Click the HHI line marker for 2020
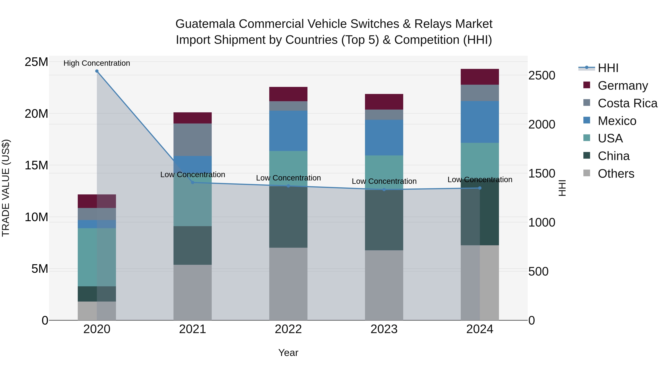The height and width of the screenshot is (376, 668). (x=97, y=71)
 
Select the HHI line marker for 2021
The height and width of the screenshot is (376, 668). (x=192, y=182)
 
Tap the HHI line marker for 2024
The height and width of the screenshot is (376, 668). (x=480, y=188)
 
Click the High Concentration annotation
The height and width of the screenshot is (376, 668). (x=97, y=63)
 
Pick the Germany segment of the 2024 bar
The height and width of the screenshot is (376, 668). (x=480, y=77)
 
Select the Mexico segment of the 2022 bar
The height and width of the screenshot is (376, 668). (x=288, y=131)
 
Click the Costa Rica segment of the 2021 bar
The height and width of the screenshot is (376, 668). (x=192, y=140)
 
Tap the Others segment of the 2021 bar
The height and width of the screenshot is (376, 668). (x=192, y=292)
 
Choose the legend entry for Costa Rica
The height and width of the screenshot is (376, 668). (x=627, y=103)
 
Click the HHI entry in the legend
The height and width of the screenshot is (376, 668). (x=608, y=68)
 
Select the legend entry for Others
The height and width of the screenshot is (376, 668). (x=616, y=174)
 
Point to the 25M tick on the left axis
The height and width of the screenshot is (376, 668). (x=36, y=62)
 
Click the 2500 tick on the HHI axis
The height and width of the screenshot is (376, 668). (x=541, y=76)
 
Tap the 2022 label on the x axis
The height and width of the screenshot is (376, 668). (x=288, y=329)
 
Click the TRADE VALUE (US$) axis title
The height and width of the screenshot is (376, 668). (x=6, y=188)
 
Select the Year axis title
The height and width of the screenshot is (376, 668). (x=288, y=353)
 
